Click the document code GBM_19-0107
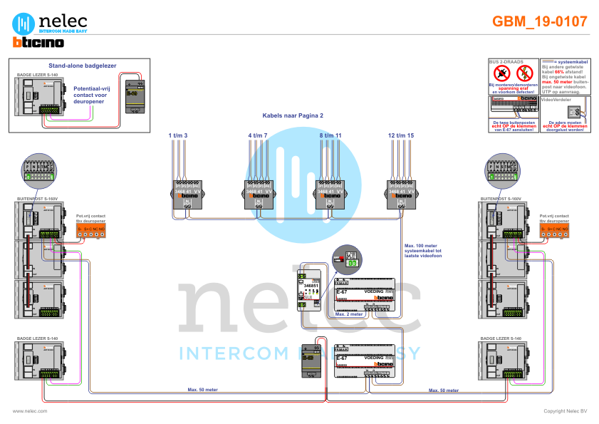point(539,21)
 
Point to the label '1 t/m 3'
point(177,135)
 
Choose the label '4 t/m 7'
point(258,135)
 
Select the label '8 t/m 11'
point(330,135)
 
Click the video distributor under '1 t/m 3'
point(188,194)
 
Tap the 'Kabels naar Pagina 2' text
point(293,115)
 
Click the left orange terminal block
point(90,229)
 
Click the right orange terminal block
point(554,229)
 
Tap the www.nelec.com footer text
point(30,411)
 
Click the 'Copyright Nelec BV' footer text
point(566,411)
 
